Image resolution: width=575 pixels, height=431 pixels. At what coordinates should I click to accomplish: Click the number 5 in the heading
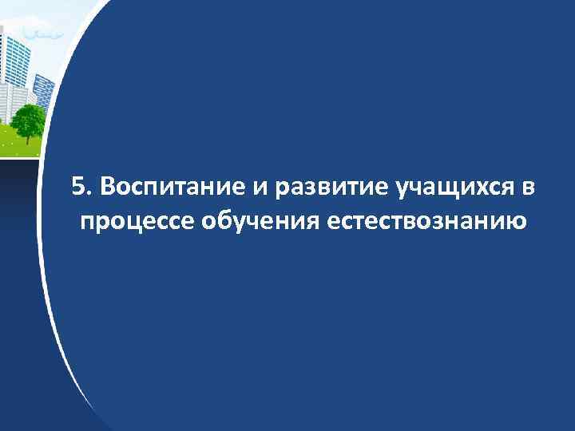click(x=76, y=187)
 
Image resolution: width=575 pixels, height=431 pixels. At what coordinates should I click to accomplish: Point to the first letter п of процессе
click(x=87, y=221)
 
